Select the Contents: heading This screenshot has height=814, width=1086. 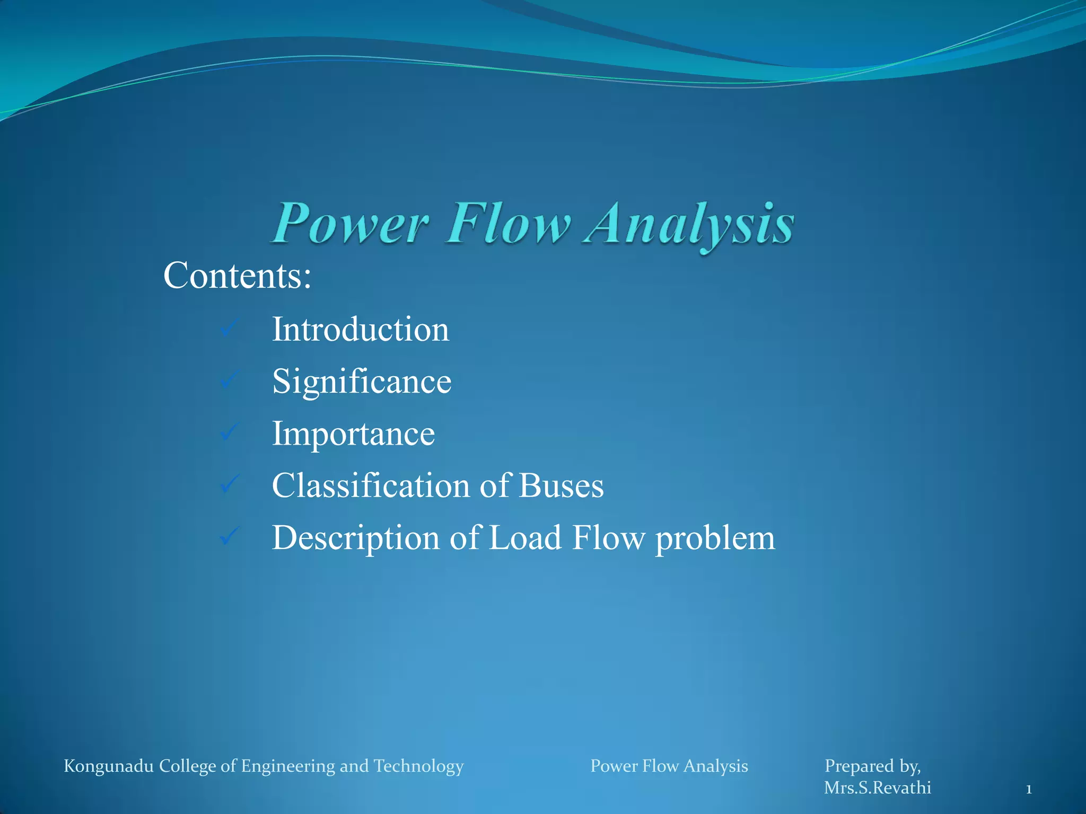(237, 276)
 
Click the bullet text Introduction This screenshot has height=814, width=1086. (361, 329)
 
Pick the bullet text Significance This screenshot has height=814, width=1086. (362, 381)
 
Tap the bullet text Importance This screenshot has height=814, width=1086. (353, 434)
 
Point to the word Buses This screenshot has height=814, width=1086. (561, 485)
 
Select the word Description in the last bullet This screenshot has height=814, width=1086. (356, 538)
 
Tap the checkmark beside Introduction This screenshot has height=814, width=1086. (230, 328)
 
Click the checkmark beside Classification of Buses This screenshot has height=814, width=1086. (230, 484)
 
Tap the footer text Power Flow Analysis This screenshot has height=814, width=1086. (669, 766)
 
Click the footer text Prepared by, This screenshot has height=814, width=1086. (872, 766)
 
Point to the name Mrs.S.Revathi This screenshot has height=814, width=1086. (877, 788)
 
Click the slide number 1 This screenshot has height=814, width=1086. (1029, 790)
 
